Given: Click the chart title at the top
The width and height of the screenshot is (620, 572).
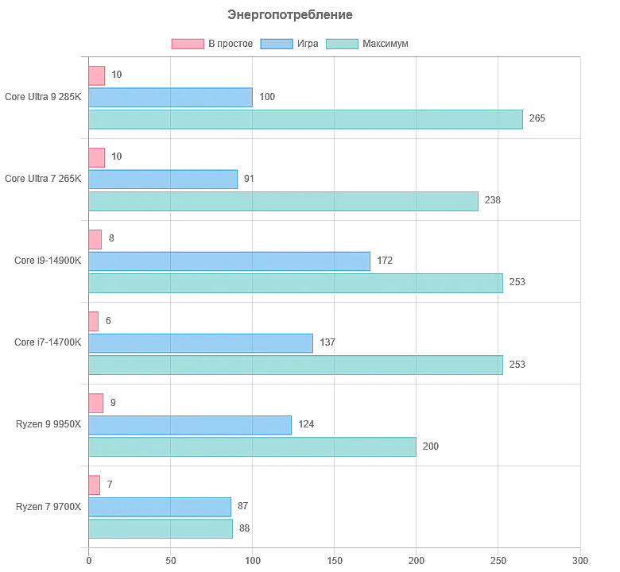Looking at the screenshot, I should (289, 14).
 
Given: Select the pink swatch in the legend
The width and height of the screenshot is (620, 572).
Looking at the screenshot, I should (186, 44).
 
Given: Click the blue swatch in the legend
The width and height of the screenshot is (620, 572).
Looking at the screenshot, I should (276, 44).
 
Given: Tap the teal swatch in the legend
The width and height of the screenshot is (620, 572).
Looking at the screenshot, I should (343, 44).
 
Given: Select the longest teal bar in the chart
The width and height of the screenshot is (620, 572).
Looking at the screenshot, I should (308, 121).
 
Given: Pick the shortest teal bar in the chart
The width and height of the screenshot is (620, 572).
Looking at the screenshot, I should (162, 528).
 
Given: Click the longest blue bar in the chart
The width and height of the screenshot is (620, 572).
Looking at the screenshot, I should (231, 261).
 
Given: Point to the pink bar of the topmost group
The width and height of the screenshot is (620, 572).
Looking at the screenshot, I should (99, 76).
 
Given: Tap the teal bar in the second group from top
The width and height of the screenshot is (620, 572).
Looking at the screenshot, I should (285, 203).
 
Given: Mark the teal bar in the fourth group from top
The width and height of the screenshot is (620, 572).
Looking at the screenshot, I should (297, 365).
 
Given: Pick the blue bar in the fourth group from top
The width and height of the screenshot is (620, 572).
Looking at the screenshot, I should (203, 343).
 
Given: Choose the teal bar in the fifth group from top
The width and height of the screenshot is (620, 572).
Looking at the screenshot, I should (254, 447).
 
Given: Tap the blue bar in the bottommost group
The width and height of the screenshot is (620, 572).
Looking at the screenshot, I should (162, 507).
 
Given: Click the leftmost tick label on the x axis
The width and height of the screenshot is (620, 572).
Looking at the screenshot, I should (89, 559).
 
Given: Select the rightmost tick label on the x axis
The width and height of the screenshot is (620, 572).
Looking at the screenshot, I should (580, 559).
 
